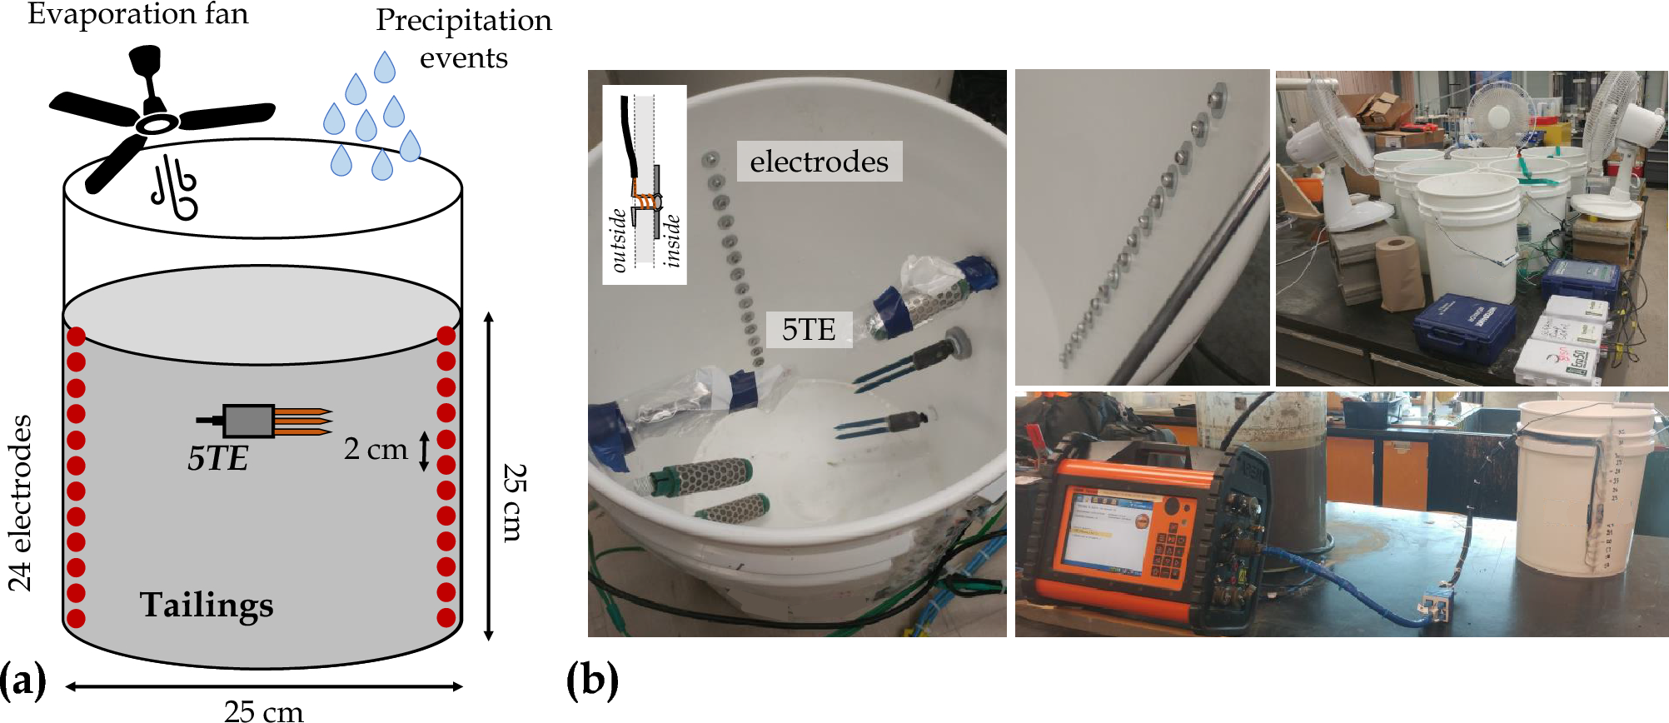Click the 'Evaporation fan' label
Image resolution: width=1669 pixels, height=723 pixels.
coord(138,14)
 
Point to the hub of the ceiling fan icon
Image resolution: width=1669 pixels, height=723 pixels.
coord(157,123)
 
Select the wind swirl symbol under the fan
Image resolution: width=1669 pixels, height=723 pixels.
coord(175,187)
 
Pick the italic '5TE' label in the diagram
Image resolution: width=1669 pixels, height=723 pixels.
coord(217,459)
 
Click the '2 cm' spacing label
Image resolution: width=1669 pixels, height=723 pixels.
coord(376,449)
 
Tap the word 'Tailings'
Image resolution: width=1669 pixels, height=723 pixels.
coord(206,605)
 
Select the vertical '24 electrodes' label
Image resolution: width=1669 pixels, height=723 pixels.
coord(20,503)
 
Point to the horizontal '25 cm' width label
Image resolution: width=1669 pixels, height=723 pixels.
coord(264,710)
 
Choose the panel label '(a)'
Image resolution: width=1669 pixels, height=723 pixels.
coord(22,681)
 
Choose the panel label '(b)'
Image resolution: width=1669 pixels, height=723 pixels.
coord(592,681)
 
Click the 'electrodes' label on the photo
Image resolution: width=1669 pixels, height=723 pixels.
coord(819,162)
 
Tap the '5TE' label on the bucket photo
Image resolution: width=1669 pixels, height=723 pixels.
coord(808,330)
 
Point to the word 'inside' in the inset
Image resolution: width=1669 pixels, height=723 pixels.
coord(672,241)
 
